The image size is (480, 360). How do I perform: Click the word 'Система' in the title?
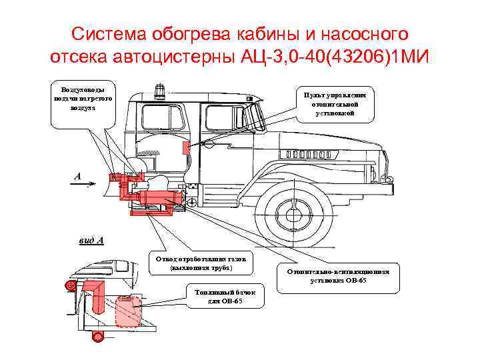point(107,33)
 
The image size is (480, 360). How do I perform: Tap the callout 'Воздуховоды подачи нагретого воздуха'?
point(78,99)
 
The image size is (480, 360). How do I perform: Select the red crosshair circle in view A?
point(69,287)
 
